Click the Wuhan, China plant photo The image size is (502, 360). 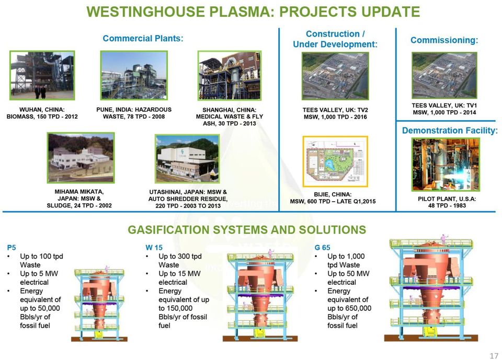(42, 75)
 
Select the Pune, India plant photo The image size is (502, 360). (134, 75)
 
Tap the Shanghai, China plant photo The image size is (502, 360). (230, 76)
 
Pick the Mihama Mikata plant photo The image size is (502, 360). (81, 158)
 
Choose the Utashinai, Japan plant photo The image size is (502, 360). (187, 158)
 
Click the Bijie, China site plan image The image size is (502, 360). (335, 161)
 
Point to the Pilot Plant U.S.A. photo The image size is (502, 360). (446, 165)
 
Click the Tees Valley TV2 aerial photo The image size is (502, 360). (335, 76)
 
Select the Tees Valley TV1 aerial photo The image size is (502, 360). (444, 76)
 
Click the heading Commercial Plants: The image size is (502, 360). (143, 38)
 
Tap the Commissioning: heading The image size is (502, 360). (444, 40)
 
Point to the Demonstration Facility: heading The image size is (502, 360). (450, 131)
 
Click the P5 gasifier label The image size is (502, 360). (11, 247)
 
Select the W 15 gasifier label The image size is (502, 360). (154, 247)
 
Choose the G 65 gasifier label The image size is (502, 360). (323, 247)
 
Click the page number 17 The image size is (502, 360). (494, 355)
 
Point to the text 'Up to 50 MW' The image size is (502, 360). (348, 274)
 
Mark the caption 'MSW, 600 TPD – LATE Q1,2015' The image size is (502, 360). (333, 201)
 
